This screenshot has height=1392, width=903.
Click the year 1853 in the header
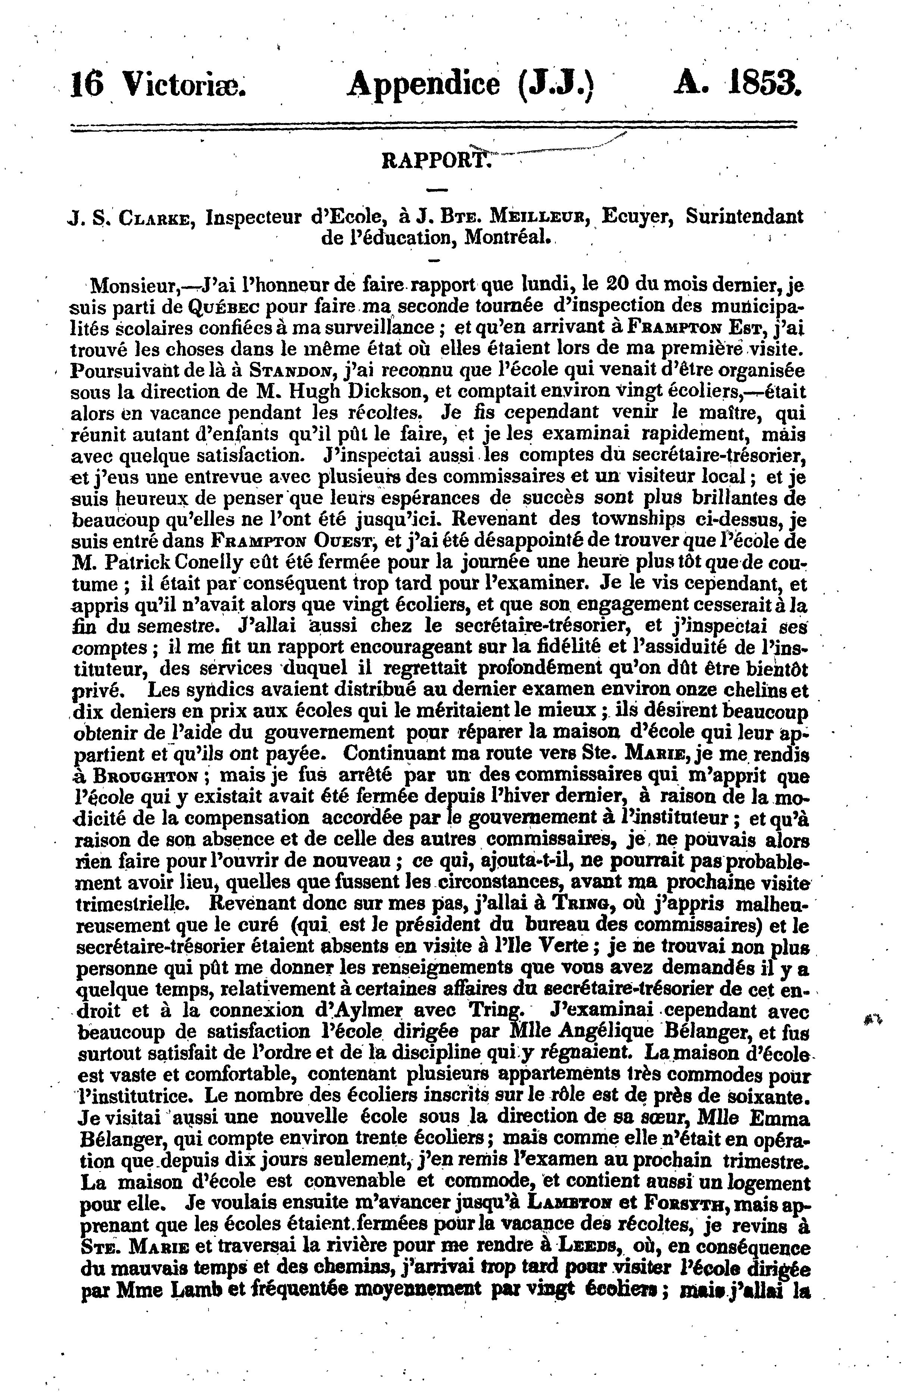click(x=764, y=83)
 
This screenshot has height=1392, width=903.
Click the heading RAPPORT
click(x=434, y=160)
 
